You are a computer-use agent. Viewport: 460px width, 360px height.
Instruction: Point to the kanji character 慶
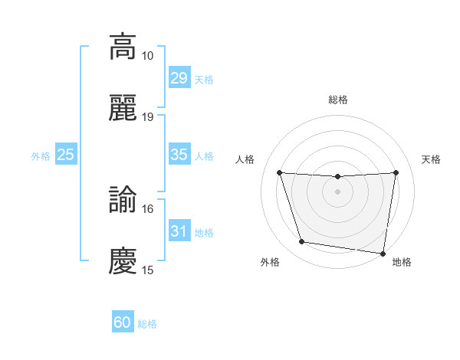pyautogui.click(x=123, y=261)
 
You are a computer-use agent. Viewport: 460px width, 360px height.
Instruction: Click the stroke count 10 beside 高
pyautogui.click(x=148, y=56)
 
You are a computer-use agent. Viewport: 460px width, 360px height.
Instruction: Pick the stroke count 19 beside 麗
pyautogui.click(x=148, y=117)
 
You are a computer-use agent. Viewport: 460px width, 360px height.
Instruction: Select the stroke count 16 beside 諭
pyautogui.click(x=148, y=208)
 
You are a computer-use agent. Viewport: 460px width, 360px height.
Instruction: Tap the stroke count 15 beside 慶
pyautogui.click(x=148, y=270)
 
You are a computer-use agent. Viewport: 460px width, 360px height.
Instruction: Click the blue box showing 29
pyautogui.click(x=179, y=78)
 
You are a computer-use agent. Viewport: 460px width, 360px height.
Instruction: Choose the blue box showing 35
pyautogui.click(x=179, y=155)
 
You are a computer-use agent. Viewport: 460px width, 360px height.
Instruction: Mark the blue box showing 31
pyautogui.click(x=179, y=231)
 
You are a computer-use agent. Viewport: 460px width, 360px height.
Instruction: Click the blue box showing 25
pyautogui.click(x=66, y=155)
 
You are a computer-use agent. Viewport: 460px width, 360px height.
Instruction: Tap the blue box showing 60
pyautogui.click(x=123, y=323)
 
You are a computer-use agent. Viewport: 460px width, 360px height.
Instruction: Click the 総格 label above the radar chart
pyautogui.click(x=338, y=100)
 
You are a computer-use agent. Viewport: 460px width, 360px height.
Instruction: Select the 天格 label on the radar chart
pyautogui.click(x=432, y=159)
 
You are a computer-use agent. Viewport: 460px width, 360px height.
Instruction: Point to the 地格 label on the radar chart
pyautogui.click(x=402, y=262)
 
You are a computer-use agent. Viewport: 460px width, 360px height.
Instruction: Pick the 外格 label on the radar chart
pyautogui.click(x=270, y=262)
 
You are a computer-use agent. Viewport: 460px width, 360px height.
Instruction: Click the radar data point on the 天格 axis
pyautogui.click(x=396, y=172)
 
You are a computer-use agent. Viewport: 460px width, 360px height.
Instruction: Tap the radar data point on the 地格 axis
pyautogui.click(x=383, y=253)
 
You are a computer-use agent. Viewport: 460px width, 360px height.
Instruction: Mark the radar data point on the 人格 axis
pyautogui.click(x=279, y=172)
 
